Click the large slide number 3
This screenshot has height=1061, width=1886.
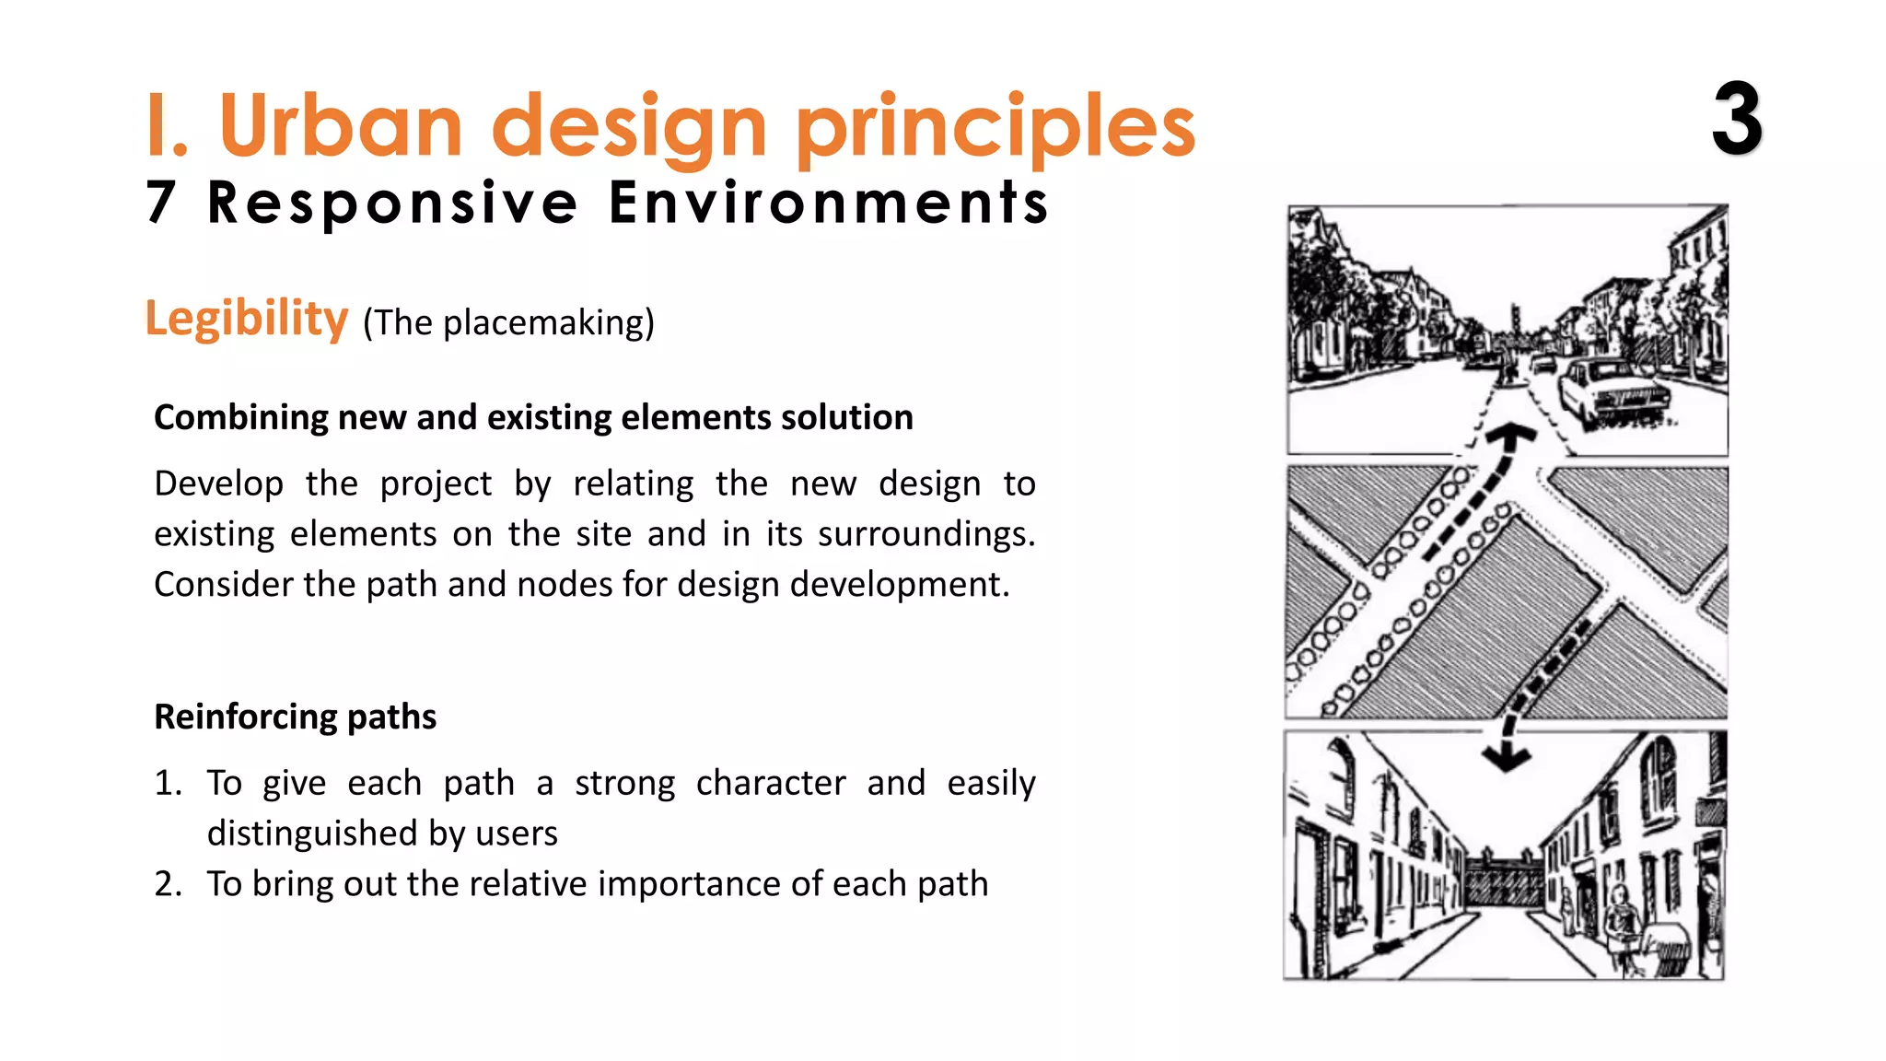[x=1737, y=120]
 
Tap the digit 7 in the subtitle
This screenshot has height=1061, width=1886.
[x=161, y=203]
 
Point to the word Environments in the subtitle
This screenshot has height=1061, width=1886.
[x=829, y=203]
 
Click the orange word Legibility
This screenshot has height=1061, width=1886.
[x=247, y=319]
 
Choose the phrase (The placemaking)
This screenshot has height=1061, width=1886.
[x=508, y=323]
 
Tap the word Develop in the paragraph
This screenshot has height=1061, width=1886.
[x=218, y=484]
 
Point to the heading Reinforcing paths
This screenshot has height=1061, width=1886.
[x=295, y=717]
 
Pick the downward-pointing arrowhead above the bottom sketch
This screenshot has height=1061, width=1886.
[x=1507, y=757]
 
